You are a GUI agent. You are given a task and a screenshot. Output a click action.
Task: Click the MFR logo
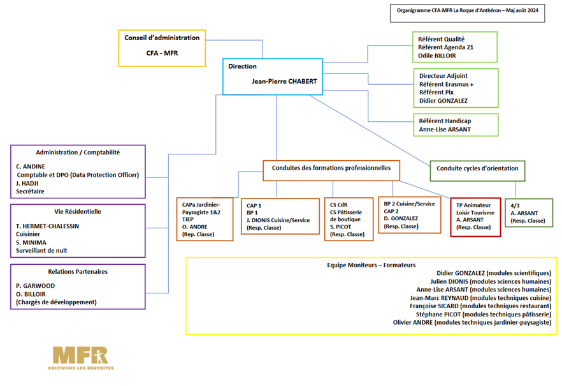click(81, 358)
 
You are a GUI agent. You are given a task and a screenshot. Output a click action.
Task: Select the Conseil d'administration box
click(162, 48)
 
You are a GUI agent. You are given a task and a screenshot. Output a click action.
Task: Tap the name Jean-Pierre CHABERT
click(284, 82)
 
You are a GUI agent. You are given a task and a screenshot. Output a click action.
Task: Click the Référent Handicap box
click(456, 125)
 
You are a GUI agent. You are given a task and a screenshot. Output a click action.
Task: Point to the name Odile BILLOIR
click(437, 56)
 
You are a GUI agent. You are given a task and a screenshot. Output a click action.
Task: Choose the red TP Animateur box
click(475, 217)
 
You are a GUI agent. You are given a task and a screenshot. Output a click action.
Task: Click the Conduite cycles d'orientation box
click(477, 171)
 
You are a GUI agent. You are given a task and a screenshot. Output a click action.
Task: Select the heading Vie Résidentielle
click(78, 212)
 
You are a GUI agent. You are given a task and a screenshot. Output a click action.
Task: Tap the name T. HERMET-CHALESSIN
click(47, 226)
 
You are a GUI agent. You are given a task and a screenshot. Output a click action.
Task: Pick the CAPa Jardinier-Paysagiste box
click(205, 219)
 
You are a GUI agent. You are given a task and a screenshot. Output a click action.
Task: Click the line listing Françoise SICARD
click(480, 306)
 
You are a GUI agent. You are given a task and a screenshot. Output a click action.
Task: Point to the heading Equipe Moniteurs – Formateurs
click(371, 265)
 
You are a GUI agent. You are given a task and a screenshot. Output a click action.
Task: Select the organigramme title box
click(468, 13)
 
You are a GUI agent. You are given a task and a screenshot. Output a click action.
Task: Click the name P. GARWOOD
click(36, 286)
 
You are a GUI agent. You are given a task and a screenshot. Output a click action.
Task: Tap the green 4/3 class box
click(529, 212)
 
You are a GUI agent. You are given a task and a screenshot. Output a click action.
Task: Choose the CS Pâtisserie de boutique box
click(349, 219)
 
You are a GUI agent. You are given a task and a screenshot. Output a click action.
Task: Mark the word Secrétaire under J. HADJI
click(30, 191)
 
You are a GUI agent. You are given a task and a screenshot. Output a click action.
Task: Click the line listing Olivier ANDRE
click(472, 322)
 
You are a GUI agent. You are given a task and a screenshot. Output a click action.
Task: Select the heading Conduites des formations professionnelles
click(331, 168)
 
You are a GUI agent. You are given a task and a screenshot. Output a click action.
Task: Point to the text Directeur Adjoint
click(443, 76)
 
